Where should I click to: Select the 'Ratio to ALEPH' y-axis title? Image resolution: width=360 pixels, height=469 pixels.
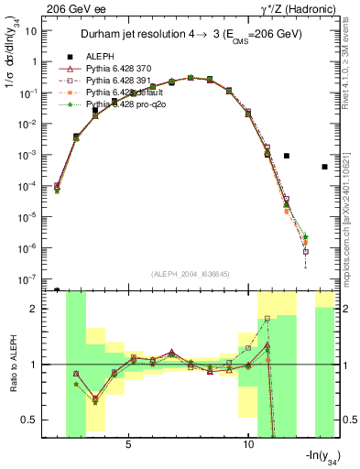14,365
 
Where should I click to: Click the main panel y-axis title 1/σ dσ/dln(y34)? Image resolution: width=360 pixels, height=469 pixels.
14,55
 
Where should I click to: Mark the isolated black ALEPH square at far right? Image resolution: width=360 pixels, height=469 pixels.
324,167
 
